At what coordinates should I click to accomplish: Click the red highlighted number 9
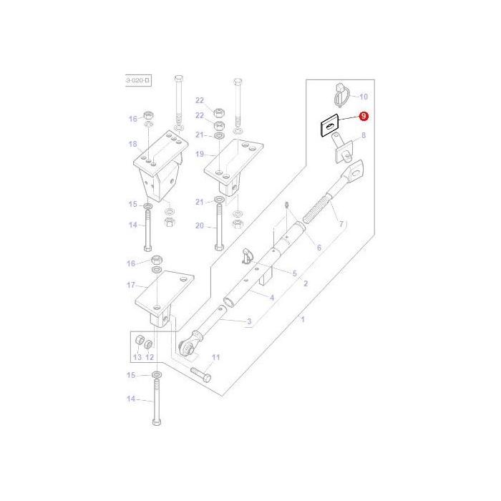click(x=364, y=116)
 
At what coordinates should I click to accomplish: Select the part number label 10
click(x=363, y=96)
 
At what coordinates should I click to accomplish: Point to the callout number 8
click(x=363, y=135)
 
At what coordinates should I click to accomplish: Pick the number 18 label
click(x=132, y=144)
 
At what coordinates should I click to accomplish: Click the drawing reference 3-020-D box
click(x=138, y=81)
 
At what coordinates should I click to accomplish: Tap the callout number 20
click(x=200, y=226)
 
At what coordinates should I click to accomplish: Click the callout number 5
click(x=293, y=273)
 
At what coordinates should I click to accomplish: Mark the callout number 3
click(x=249, y=322)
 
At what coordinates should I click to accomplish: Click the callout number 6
click(x=319, y=248)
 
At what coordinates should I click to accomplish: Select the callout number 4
click(x=271, y=296)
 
